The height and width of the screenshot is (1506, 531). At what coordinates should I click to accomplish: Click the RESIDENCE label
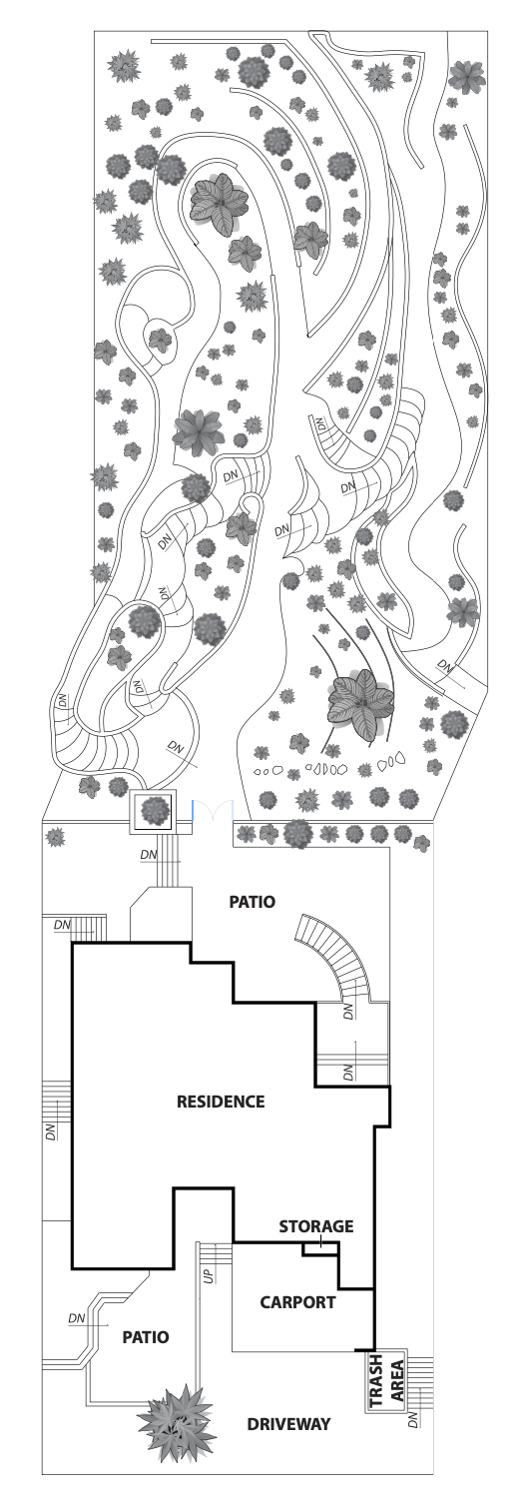(x=221, y=1102)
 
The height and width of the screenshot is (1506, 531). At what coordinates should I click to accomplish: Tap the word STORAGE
(x=316, y=1225)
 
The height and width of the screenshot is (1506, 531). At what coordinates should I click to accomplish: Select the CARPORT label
(x=297, y=1302)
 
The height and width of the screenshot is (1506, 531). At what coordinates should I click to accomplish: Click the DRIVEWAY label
(x=288, y=1423)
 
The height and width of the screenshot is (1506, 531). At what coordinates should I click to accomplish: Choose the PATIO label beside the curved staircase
(x=252, y=902)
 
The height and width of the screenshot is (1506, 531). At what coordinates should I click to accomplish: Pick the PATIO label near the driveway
(x=145, y=1336)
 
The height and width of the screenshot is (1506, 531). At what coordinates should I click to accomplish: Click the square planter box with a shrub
(x=154, y=810)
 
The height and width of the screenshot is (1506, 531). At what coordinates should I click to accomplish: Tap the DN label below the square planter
(x=149, y=855)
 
